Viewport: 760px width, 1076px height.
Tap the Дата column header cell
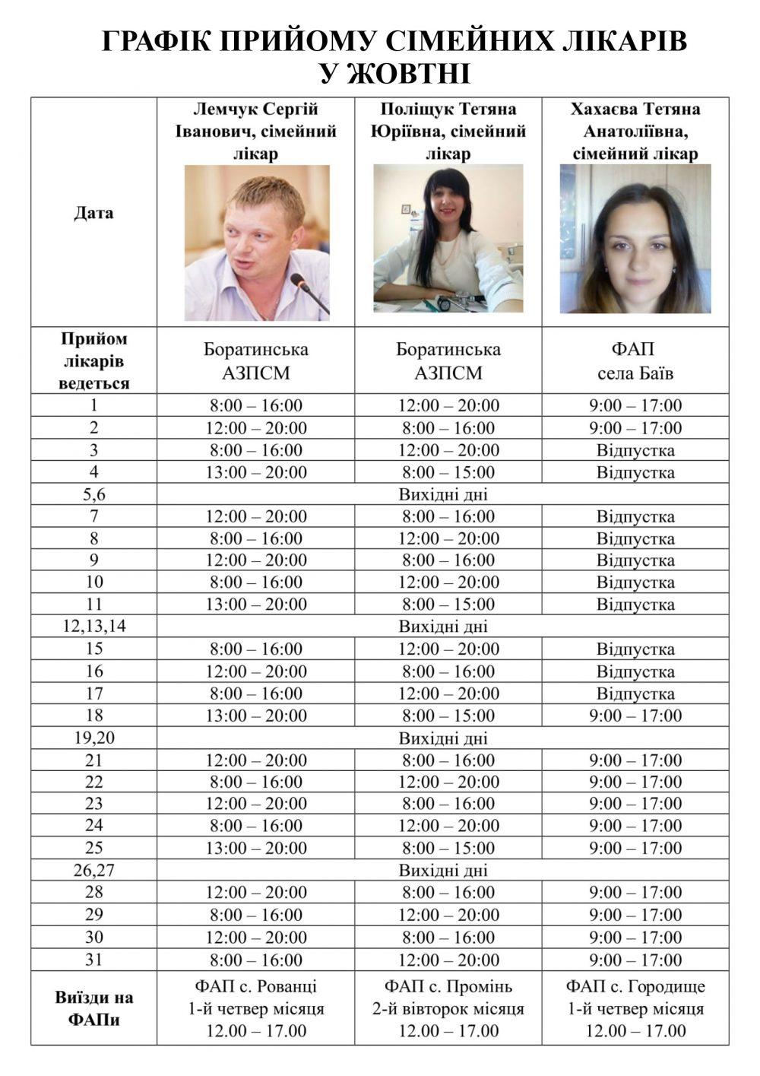(x=94, y=213)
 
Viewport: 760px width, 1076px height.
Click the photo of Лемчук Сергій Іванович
(x=256, y=242)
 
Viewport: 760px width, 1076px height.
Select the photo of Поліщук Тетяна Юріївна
(x=448, y=238)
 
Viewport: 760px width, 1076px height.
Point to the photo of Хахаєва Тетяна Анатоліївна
(x=635, y=239)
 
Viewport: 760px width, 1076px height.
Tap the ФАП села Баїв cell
(x=635, y=361)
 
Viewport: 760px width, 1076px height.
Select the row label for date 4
(x=94, y=472)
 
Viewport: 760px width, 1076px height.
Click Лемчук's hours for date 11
(x=256, y=605)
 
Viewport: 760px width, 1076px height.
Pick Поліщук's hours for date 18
(x=448, y=716)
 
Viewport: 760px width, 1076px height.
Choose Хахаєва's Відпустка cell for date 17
(x=635, y=694)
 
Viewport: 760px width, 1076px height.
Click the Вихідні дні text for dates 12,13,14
(x=443, y=627)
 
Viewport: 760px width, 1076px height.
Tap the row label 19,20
(x=94, y=738)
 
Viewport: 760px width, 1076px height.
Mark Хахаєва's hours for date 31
(x=635, y=960)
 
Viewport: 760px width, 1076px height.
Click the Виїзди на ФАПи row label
(x=94, y=1008)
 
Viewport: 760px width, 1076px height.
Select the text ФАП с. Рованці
(x=256, y=987)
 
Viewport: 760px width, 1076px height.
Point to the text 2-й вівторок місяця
(x=448, y=1009)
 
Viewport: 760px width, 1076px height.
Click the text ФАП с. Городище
(x=635, y=987)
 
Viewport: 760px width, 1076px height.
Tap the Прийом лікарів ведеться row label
(x=94, y=361)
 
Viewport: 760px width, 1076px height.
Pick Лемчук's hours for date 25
(x=256, y=848)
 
